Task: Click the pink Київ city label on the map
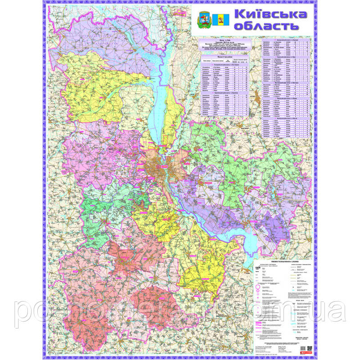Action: point(163,166)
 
